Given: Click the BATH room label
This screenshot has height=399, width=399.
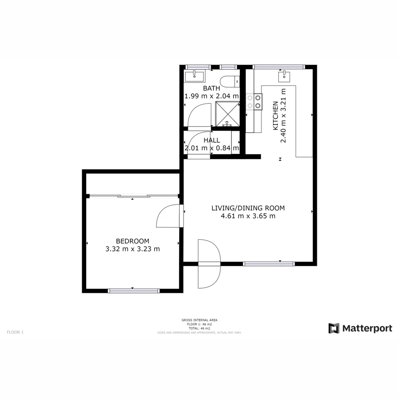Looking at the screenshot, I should pos(212,88).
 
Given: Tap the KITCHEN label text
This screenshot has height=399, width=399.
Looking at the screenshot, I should pos(276,116).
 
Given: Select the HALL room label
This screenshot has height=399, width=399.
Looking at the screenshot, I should pos(212,140).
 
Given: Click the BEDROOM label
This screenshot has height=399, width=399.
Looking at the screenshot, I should pos(132,241).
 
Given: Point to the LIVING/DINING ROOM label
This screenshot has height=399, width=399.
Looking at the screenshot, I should pos(248,208).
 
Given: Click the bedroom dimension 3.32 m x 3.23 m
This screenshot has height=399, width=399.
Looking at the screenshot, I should pos(133,249).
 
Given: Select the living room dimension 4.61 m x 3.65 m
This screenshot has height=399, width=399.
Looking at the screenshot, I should pos(248,216).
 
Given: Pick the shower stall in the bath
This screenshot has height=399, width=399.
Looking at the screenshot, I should pos(228,114).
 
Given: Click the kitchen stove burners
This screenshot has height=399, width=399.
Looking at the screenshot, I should pos(254,102).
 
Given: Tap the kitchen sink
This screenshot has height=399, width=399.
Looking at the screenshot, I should pos(284,77).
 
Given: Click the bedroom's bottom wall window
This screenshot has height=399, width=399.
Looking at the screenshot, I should pos(134,291).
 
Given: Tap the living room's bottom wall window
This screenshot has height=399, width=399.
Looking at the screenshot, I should pos(269,264).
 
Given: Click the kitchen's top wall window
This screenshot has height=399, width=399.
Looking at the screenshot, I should pos(279,67).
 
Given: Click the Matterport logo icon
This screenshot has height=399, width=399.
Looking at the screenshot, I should pos(334,328).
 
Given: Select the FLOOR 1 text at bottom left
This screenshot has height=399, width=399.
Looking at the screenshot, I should pos(15,332).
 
